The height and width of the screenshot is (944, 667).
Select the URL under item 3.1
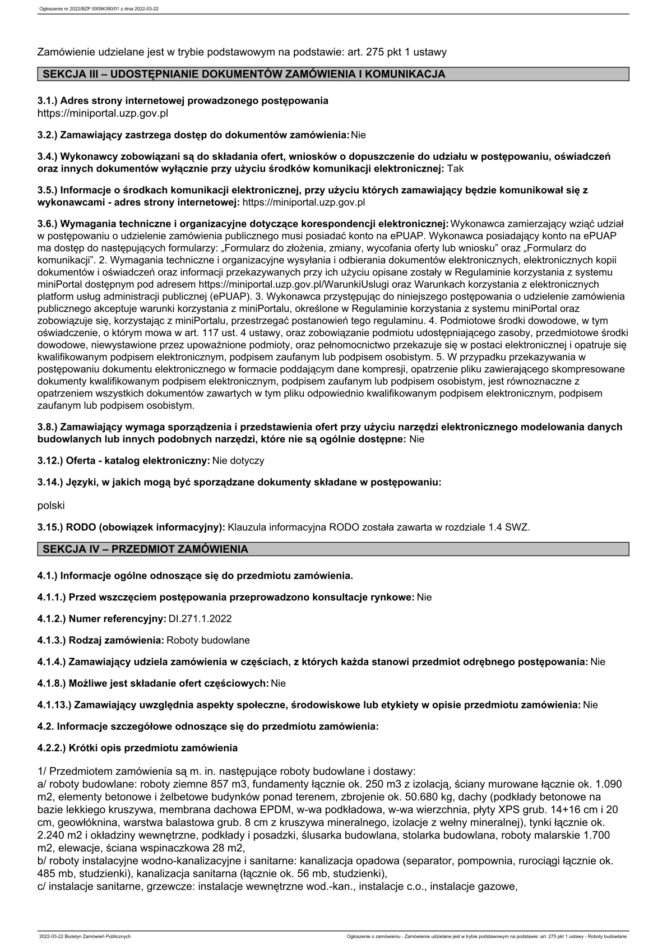(103, 113)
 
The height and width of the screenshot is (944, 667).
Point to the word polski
(51, 506)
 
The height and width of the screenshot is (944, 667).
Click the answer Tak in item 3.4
(456, 168)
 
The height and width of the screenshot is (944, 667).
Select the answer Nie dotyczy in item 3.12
(238, 461)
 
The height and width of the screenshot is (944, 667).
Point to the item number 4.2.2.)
(52, 748)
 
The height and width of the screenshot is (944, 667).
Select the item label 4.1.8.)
(52, 683)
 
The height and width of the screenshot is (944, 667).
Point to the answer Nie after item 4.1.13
(590, 705)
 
